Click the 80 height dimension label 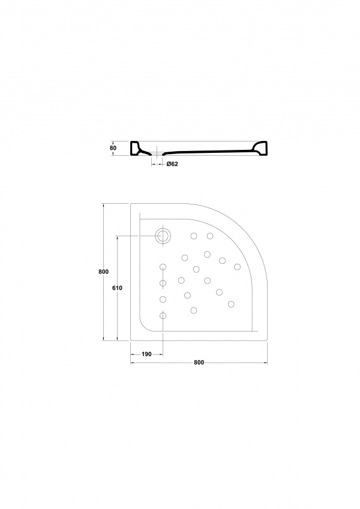point(113,148)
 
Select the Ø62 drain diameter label point(172,164)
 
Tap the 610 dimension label point(117,288)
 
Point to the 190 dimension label point(147,354)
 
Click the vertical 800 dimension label point(103,272)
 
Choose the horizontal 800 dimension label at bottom point(199,363)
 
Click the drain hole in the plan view point(163,236)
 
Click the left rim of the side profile point(136,148)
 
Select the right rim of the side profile point(260,148)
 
